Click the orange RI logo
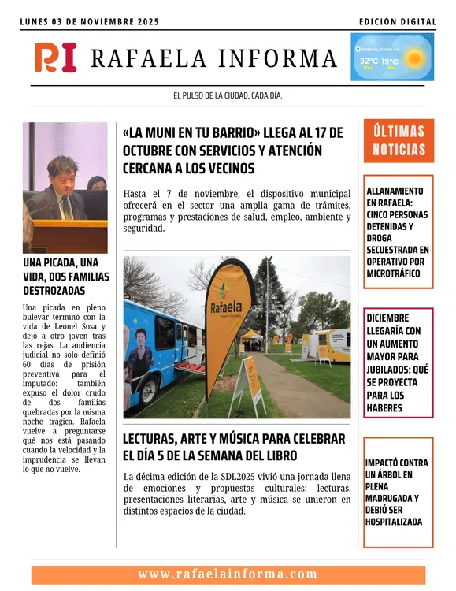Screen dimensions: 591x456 click(56, 58)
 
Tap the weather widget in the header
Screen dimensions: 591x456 click(391, 57)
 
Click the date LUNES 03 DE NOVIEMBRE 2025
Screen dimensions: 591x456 click(90, 22)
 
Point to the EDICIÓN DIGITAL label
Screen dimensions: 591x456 click(397, 22)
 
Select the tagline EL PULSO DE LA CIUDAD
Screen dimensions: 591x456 click(228, 95)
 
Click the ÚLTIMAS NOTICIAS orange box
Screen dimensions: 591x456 click(399, 141)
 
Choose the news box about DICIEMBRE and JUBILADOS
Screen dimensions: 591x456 click(399, 362)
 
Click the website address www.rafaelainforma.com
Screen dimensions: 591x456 click(228, 574)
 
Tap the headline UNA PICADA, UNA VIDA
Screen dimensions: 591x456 click(65, 277)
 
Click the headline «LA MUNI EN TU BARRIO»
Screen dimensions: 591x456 click(233, 150)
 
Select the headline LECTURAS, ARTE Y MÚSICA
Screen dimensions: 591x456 click(234, 447)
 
